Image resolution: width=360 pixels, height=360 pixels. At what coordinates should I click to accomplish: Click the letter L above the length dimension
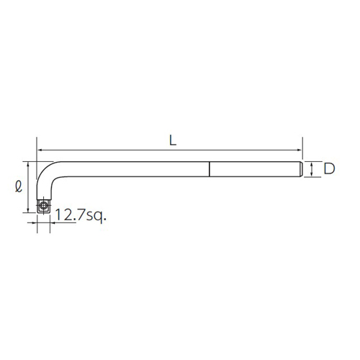tap(173, 140)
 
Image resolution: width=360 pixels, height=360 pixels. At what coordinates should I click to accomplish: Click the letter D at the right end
tap(329, 168)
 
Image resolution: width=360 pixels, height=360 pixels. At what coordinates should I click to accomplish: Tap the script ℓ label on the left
tap(19, 186)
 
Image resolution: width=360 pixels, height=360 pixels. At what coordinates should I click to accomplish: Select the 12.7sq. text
tap(81, 215)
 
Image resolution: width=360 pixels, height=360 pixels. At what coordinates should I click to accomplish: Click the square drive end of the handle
tap(43, 206)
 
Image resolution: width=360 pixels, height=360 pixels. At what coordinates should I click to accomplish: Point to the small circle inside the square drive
tap(43, 205)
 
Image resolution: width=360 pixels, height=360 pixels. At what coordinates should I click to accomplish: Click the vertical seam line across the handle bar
tap(209, 169)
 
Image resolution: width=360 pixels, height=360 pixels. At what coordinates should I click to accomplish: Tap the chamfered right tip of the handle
tap(301, 169)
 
